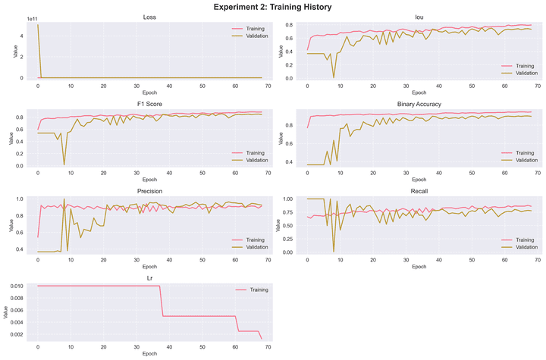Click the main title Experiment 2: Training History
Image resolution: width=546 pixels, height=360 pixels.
tap(273, 7)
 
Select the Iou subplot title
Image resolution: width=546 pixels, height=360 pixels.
tap(419, 17)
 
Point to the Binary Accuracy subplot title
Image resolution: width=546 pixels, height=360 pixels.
tap(419, 104)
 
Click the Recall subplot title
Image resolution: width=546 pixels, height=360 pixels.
tap(419, 191)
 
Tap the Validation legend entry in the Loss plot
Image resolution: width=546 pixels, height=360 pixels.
tap(253, 36)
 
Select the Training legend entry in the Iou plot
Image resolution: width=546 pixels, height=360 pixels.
tap(523, 66)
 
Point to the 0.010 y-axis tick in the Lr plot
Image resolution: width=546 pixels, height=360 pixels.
tap(23, 286)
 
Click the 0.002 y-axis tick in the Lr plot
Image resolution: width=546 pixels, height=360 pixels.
tap(23, 334)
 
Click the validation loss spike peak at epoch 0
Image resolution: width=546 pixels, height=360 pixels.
tap(38, 25)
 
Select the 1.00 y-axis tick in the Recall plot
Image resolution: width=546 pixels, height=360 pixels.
tap(291, 199)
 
